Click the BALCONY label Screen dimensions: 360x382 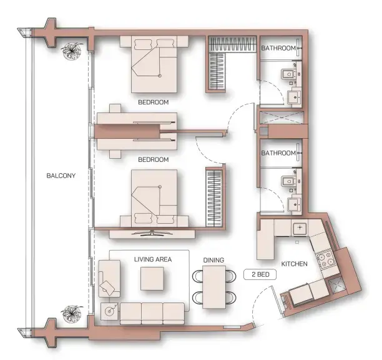point(61,176)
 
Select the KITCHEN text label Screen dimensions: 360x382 point(294,264)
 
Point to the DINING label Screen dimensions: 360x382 point(213,260)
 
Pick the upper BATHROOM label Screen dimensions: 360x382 point(278,47)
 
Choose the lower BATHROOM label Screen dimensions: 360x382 point(278,152)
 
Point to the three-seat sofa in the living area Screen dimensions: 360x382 point(152,312)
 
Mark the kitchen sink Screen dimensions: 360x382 point(300,227)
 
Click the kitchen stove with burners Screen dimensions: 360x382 point(325,259)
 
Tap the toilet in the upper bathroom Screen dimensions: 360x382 point(288,76)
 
